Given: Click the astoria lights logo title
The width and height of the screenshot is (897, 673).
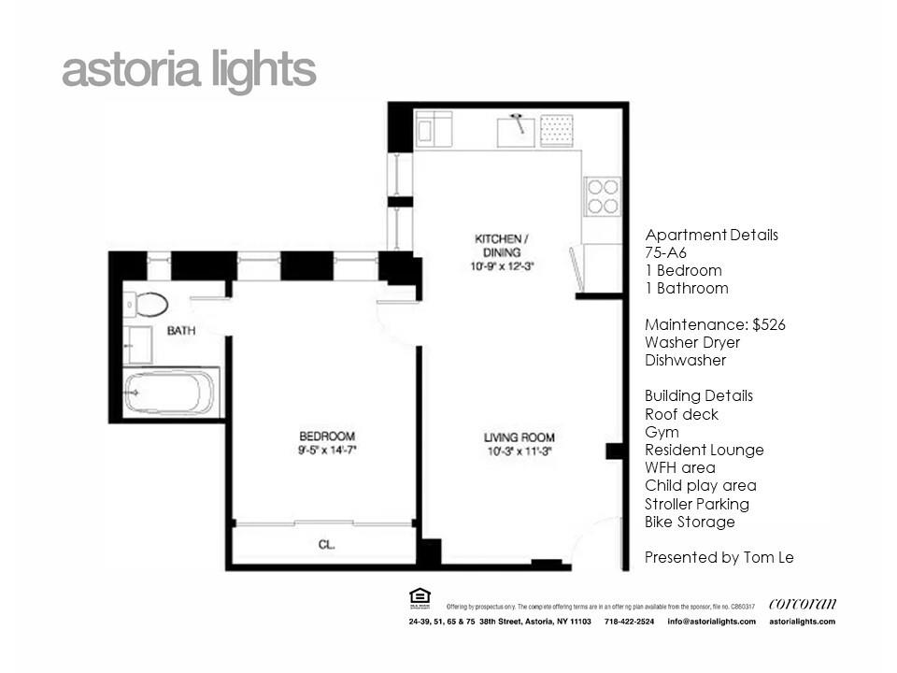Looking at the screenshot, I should click(189, 70).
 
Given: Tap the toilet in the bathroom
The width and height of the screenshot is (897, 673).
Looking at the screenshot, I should click(148, 304).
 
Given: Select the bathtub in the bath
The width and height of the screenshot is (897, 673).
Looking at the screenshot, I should click(171, 392).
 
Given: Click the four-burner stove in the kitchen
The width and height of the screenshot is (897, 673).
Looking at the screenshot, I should click(602, 196).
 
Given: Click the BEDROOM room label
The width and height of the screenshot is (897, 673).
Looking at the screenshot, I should click(326, 437).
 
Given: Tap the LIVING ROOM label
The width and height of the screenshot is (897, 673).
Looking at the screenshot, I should click(519, 437).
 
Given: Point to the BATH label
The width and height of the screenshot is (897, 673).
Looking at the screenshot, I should click(180, 331).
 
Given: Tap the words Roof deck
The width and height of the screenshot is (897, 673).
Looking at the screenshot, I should click(681, 414).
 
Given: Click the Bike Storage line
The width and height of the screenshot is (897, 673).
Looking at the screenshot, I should click(690, 522).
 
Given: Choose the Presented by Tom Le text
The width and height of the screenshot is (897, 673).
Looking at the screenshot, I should click(719, 557).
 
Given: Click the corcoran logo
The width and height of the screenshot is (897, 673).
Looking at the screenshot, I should click(802, 603).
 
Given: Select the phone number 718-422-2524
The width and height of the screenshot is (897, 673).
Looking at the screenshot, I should click(630, 622).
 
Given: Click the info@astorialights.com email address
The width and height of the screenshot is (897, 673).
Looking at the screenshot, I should click(711, 622).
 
